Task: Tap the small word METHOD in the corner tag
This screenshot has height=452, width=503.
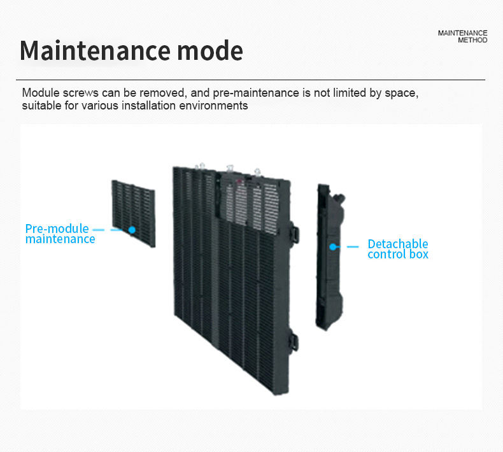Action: [472, 40]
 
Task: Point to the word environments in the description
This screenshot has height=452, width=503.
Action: [213, 106]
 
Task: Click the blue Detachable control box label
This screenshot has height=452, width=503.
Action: [398, 249]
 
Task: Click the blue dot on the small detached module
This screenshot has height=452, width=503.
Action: [132, 229]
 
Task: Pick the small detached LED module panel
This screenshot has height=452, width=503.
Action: [133, 213]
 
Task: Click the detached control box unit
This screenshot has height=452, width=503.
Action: [330, 255]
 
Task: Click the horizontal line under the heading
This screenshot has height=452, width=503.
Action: [251, 80]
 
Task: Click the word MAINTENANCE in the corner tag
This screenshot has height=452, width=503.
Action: [462, 32]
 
